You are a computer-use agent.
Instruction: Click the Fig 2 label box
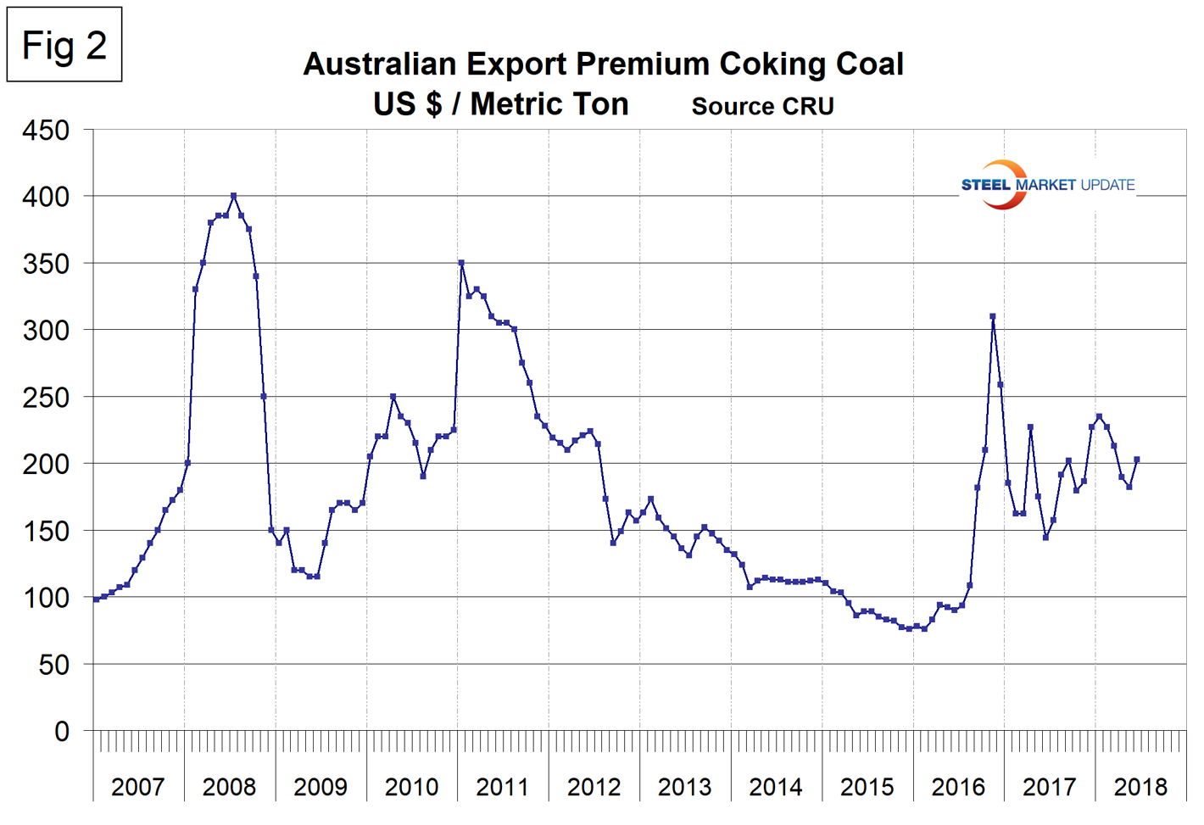(x=64, y=45)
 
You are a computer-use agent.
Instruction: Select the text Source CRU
(x=762, y=106)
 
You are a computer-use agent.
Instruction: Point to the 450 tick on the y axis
(x=47, y=131)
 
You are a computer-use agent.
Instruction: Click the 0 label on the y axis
(x=61, y=731)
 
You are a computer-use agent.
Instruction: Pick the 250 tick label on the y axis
(x=47, y=398)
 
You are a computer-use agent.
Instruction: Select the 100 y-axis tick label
(x=47, y=598)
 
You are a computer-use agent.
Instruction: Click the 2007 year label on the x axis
(x=137, y=787)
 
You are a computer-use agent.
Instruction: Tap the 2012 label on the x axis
(x=594, y=787)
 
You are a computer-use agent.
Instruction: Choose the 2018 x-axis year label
(x=1140, y=787)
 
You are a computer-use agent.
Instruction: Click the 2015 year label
(x=867, y=787)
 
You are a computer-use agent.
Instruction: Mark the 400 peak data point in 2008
(x=233, y=196)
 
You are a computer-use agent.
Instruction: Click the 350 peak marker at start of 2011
(x=461, y=263)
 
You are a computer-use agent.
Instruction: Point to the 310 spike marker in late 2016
(x=992, y=316)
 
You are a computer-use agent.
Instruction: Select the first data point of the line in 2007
(x=96, y=599)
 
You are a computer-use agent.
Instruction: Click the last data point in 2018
(x=1137, y=460)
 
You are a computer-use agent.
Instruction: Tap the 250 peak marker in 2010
(x=393, y=396)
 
